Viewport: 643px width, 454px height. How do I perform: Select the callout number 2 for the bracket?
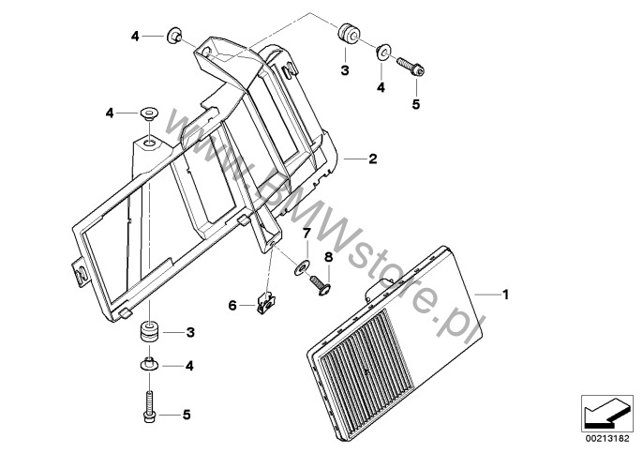pos(372,159)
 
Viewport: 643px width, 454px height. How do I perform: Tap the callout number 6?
pos(232,304)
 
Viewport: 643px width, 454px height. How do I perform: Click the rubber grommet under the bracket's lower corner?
pos(148,332)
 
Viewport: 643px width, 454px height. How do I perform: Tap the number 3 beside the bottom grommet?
pos(190,332)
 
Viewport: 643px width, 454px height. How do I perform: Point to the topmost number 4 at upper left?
pos(135,37)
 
